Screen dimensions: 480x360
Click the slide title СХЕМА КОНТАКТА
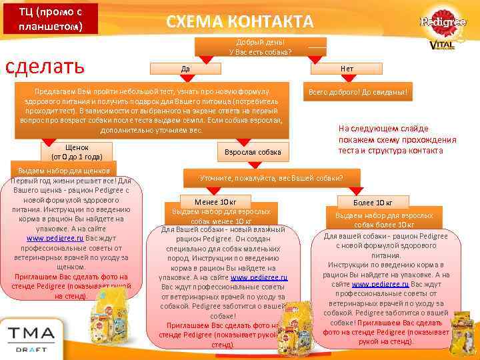tap(239, 21)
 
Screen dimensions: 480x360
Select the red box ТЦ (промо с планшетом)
tap(50, 19)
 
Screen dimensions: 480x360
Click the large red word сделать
tap(45, 67)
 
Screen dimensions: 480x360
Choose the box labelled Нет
tap(347, 68)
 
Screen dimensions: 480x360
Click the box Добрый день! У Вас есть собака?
tap(260, 46)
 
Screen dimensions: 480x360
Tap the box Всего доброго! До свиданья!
tap(358, 92)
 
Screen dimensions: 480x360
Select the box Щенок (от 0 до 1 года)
tap(77, 151)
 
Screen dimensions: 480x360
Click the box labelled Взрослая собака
tap(253, 153)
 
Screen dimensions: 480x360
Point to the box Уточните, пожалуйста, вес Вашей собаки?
tap(271, 178)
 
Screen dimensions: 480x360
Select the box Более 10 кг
tap(374, 202)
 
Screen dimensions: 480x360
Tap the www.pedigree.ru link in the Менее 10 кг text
tap(259, 277)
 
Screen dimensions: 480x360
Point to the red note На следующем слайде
tap(397, 139)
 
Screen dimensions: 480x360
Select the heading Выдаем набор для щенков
tap(65, 171)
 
